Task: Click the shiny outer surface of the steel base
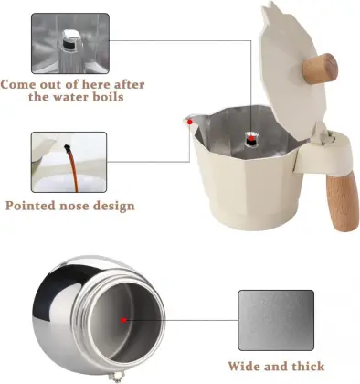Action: tap(53, 315)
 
